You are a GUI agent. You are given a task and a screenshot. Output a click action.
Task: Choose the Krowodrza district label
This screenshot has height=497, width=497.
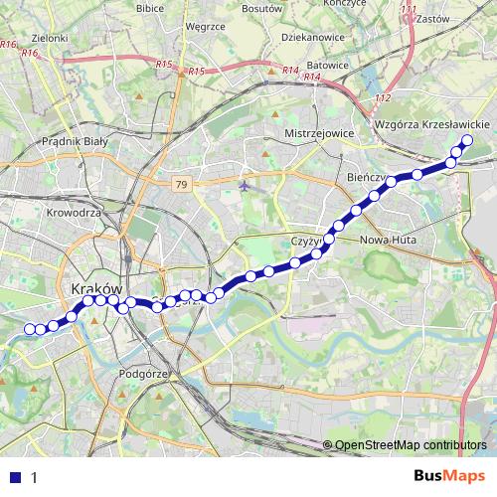(x=75, y=212)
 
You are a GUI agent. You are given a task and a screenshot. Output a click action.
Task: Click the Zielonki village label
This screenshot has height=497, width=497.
(x=50, y=38)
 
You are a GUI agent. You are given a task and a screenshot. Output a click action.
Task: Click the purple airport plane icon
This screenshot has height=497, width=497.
(x=246, y=185)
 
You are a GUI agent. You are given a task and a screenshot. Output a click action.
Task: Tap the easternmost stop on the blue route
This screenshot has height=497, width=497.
(x=466, y=139)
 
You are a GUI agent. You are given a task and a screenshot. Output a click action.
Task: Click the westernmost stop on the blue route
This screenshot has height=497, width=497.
(x=29, y=329)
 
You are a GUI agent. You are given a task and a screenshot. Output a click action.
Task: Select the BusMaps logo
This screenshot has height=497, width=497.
(x=450, y=476)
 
